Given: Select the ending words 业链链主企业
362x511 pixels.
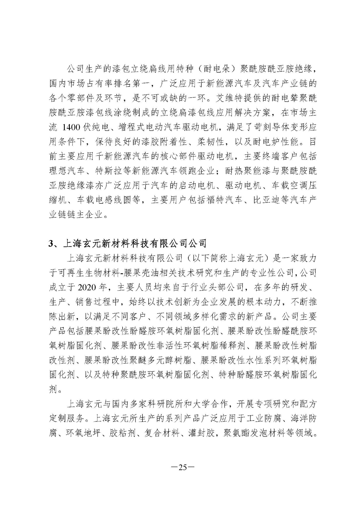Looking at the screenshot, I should click(x=76, y=214).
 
